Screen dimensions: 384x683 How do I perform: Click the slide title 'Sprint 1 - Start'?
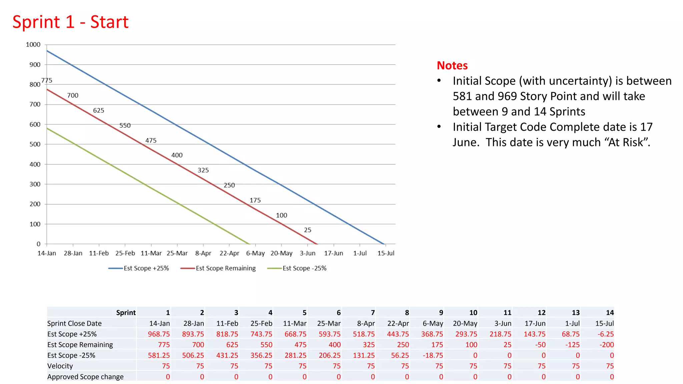[x=70, y=22]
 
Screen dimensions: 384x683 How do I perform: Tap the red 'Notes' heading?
[x=452, y=65]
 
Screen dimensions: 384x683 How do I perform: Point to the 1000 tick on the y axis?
[x=33, y=45]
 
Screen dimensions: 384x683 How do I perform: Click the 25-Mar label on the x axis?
[x=177, y=253]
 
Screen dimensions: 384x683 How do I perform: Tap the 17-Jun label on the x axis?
[x=333, y=253]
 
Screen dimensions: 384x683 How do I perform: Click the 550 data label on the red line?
[x=125, y=126]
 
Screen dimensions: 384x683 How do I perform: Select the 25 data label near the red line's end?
[x=307, y=230]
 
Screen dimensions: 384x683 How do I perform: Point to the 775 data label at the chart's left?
[x=47, y=80]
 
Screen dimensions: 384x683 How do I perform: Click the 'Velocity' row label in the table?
[x=60, y=366]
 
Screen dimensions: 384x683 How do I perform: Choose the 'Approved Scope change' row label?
[x=85, y=377]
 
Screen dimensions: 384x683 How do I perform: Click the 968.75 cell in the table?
[x=159, y=334]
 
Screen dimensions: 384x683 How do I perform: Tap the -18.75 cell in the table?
[x=433, y=355]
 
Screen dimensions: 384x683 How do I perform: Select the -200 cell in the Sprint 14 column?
[x=606, y=345]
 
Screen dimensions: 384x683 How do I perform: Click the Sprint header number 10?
[x=473, y=313]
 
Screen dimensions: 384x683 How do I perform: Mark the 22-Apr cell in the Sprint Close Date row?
[x=398, y=323]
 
